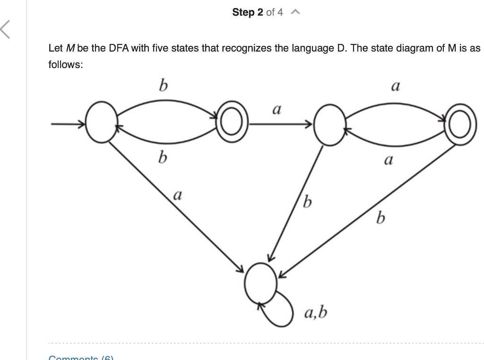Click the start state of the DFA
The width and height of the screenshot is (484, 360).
tap(101, 125)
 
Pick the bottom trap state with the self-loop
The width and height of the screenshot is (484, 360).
tap(260, 283)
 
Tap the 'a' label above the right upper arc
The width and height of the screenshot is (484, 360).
tap(396, 87)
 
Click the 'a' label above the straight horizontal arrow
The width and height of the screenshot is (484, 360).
tap(277, 110)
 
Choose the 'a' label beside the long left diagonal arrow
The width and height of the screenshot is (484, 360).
tap(178, 194)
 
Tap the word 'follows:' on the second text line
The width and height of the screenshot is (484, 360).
tap(66, 64)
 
